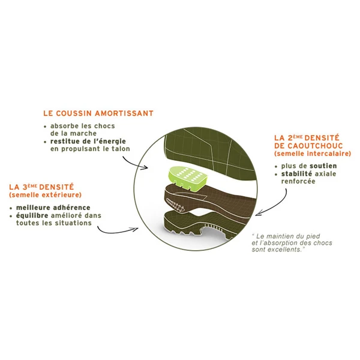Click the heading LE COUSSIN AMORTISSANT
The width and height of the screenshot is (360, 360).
coord(98,113)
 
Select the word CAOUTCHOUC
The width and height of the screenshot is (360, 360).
coord(315,146)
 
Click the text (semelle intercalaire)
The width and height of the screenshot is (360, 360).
coord(313,154)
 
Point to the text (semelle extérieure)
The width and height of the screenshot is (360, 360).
coord(45,195)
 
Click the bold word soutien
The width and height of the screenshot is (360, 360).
coord(323,166)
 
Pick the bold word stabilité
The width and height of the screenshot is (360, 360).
coord(296,173)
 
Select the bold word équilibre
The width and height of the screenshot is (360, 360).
coord(32,216)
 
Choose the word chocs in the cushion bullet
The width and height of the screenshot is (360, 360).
coord(104,126)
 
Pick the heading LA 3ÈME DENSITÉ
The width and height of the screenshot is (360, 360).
coord(41,187)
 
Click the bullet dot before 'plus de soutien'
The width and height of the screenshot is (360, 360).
coord(276,167)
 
